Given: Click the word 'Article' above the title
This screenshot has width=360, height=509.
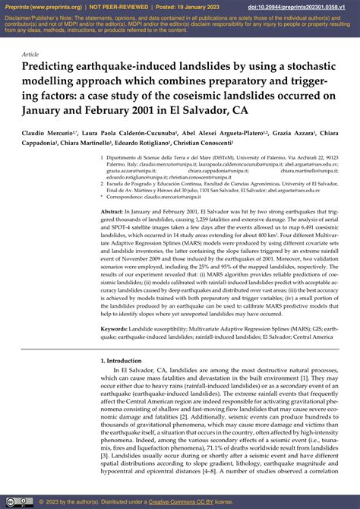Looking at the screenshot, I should pos(30,54).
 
